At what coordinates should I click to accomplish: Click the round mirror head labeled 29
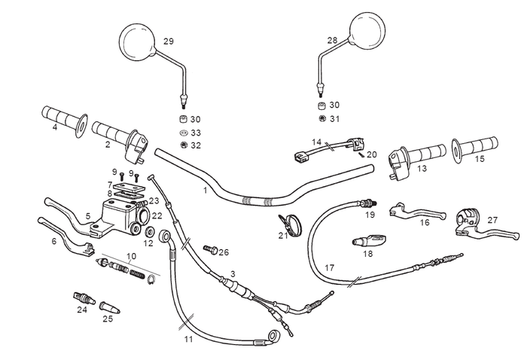[138, 41]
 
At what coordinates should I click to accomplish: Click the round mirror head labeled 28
[370, 31]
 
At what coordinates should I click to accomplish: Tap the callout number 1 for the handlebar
[205, 191]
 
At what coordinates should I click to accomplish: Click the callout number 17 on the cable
[329, 267]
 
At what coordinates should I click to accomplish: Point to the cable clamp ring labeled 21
[288, 223]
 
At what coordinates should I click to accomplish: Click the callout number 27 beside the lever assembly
[492, 220]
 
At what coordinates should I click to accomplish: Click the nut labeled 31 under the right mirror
[322, 119]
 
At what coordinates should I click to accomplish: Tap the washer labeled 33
[183, 133]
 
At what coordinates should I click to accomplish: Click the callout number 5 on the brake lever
[88, 216]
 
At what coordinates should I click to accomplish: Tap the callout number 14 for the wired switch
[317, 142]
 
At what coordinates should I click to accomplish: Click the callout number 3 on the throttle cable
[233, 273]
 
